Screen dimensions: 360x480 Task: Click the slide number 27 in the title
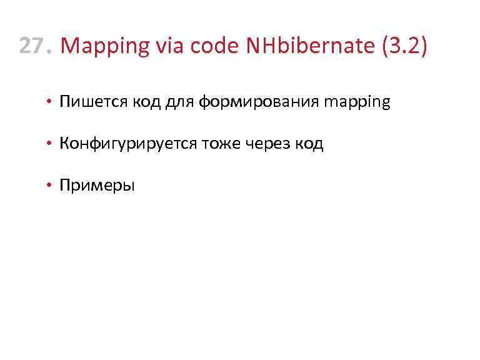(x=33, y=46)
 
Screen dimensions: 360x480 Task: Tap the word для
(x=179, y=102)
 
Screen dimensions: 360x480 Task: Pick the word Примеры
(x=97, y=186)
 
